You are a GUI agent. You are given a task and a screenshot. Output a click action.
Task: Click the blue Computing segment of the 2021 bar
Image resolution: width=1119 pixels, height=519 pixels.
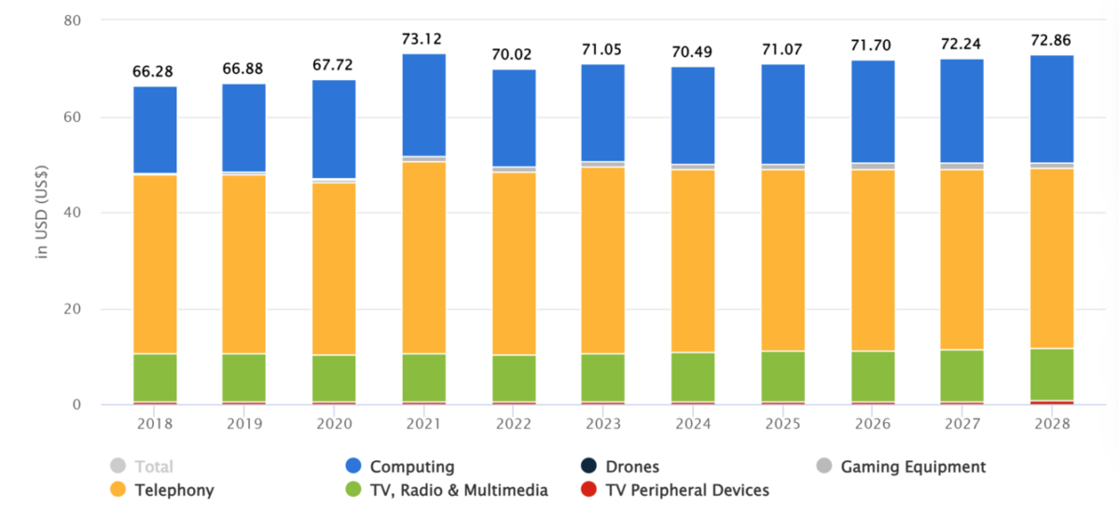[x=423, y=104]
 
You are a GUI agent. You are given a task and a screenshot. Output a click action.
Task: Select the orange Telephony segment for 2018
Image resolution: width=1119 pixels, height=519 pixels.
[x=155, y=264]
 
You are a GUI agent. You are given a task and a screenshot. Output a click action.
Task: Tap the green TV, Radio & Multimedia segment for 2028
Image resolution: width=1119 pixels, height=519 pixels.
[x=1051, y=375]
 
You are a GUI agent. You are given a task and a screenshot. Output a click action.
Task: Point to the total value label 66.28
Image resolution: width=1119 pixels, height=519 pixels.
[x=155, y=72]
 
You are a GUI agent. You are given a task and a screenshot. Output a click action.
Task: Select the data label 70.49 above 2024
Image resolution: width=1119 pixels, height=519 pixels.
[x=693, y=51]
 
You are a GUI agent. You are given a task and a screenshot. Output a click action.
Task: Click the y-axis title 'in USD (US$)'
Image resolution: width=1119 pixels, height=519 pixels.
[x=42, y=213]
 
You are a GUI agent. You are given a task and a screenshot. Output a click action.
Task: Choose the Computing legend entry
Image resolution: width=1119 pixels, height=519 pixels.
[x=410, y=467]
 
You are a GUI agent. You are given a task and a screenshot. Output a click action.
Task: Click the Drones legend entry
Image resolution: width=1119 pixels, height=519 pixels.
[x=629, y=467]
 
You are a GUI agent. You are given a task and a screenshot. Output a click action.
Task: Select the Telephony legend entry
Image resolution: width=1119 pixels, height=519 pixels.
[x=173, y=490]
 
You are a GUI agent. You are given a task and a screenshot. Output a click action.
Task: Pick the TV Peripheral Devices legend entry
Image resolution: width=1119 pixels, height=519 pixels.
[x=686, y=490]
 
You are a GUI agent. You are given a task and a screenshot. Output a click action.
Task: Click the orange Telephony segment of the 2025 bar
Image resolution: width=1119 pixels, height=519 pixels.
[x=782, y=260]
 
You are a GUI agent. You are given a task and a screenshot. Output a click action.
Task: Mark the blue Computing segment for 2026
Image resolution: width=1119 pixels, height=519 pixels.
[x=872, y=112]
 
